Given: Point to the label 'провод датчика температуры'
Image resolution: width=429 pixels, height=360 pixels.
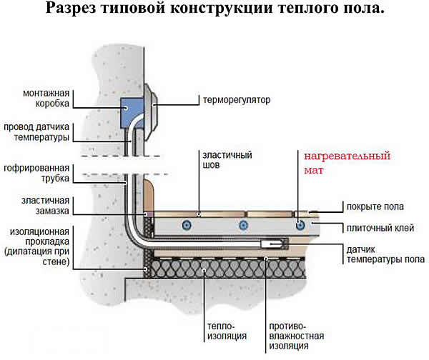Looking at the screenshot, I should click(x=36, y=131).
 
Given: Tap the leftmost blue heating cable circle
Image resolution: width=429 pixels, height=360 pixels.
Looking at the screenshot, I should click(x=187, y=224).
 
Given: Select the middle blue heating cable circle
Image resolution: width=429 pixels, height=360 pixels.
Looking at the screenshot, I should click(x=242, y=224).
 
